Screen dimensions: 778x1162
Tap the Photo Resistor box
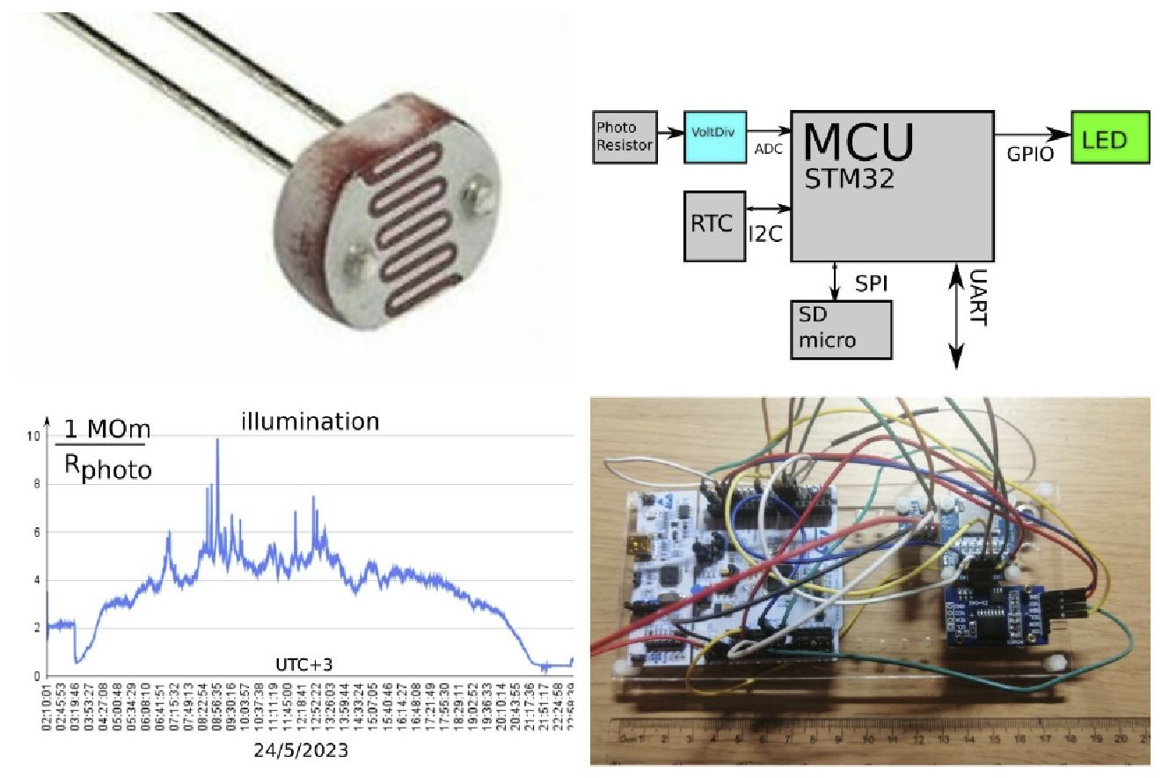[x=624, y=137]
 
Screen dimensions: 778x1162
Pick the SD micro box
[x=840, y=327]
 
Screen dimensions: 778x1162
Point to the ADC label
[x=768, y=150]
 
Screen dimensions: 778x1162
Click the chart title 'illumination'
[x=311, y=422]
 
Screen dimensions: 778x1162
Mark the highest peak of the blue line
[x=217, y=440]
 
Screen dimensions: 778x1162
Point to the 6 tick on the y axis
[x=34, y=532]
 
